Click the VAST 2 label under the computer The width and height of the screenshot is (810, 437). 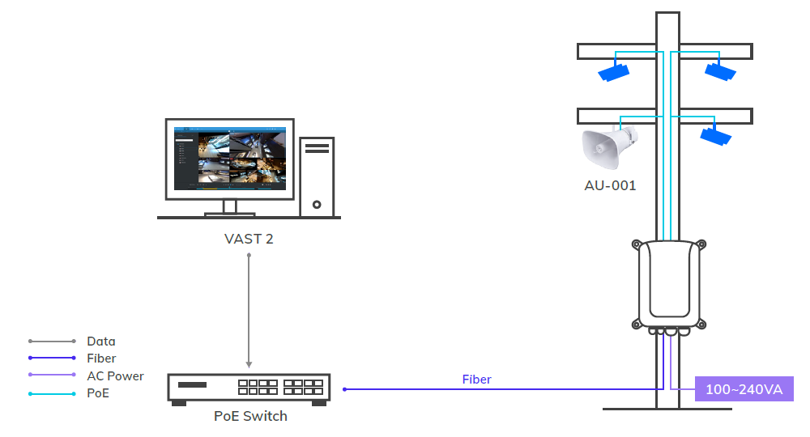249,239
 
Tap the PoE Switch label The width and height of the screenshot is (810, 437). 250,416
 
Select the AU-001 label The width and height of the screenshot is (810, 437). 610,185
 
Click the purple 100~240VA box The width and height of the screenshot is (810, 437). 744,389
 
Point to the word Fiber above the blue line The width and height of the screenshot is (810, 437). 476,379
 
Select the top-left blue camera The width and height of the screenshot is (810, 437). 613,73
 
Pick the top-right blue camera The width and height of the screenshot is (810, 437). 719,72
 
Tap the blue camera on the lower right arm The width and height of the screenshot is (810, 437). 715,136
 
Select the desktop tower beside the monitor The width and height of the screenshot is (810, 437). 317,176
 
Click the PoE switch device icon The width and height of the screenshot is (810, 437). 249,388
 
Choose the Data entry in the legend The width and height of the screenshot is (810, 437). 101,342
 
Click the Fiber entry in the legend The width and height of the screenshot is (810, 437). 101,359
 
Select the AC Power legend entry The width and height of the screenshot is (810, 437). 115,376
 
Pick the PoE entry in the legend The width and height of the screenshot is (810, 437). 97,393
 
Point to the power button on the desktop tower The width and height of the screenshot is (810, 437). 317,205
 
